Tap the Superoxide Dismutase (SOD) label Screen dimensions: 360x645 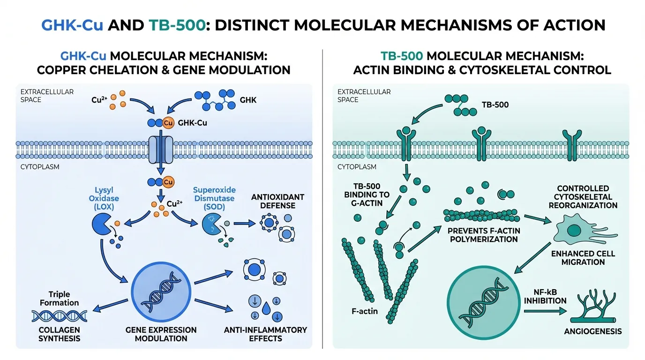click(214, 198)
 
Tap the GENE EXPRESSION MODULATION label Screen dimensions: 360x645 click(161, 334)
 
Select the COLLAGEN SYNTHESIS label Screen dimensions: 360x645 click(59, 334)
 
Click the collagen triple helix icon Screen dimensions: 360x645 click(59, 315)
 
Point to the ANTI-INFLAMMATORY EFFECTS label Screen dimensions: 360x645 click(265, 334)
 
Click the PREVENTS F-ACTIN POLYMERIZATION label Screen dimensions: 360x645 click(483, 235)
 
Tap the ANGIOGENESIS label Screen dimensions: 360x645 click(593, 331)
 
